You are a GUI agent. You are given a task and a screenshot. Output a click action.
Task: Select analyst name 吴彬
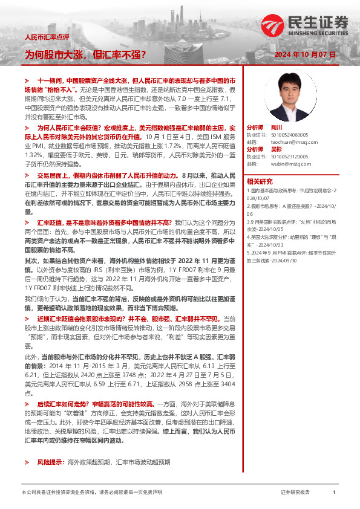[276, 149]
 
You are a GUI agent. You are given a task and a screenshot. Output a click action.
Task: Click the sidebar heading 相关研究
[259, 181]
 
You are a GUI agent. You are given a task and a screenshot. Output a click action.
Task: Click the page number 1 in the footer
[334, 493]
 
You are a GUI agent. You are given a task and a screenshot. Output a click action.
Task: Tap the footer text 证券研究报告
[295, 493]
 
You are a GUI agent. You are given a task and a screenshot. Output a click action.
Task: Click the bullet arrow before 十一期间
[27, 80]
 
